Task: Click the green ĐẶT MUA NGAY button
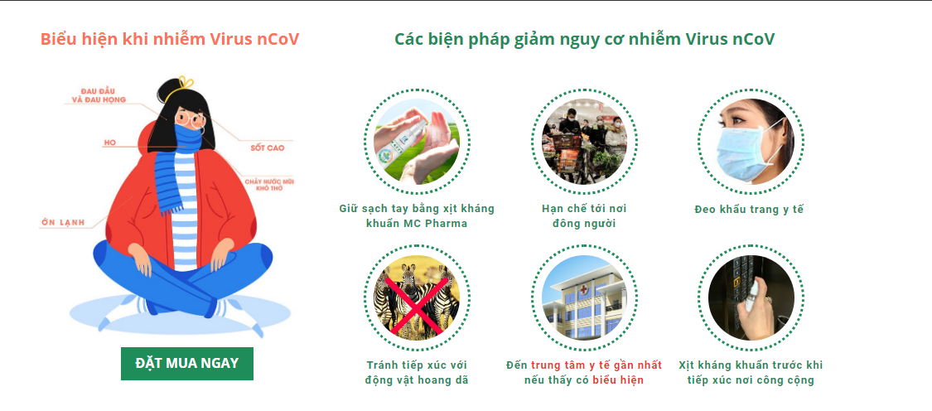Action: pyautogui.click(x=187, y=364)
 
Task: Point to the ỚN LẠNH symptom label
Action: pyautogui.click(x=63, y=223)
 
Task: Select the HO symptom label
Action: pyautogui.click(x=109, y=143)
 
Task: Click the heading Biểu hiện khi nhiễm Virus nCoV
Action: pyautogui.click(x=170, y=39)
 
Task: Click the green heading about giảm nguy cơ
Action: pyautogui.click(x=584, y=39)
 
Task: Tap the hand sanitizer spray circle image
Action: pyautogui.click(x=417, y=142)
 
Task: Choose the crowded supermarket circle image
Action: pyautogui.click(x=584, y=142)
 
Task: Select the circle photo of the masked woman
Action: pyautogui.click(x=751, y=142)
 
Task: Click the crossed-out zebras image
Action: pyautogui.click(x=417, y=298)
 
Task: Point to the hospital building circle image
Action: pyautogui.click(x=584, y=298)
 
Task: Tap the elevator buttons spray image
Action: pyautogui.click(x=751, y=298)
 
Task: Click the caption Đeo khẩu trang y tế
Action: pyautogui.click(x=749, y=210)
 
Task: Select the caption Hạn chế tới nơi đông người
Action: pyautogui.click(x=584, y=216)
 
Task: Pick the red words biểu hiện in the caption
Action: pyautogui.click(x=618, y=380)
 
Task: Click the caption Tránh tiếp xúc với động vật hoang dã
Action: pyautogui.click(x=417, y=372)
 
